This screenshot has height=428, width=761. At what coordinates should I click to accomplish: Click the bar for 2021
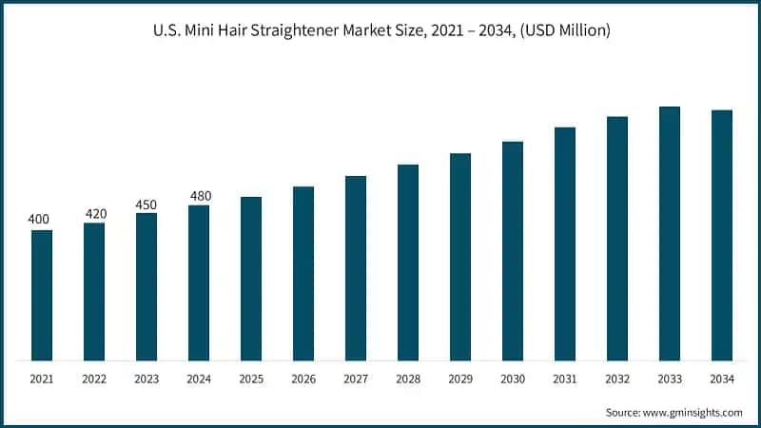coord(42,295)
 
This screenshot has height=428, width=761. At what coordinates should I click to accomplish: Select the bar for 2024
coord(199,282)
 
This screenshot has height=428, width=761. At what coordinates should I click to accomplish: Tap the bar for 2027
coord(356,268)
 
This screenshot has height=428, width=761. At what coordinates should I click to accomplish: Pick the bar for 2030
coord(513,251)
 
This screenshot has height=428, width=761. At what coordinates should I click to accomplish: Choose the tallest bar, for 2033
coord(670,233)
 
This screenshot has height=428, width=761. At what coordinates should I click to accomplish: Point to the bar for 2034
coord(722,235)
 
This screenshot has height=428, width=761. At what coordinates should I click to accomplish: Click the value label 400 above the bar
coord(39,220)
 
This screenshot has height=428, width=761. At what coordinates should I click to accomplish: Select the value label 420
coord(94,213)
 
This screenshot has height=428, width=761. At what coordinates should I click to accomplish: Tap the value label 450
coord(146,204)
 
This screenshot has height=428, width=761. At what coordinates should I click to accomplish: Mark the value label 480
coord(199,196)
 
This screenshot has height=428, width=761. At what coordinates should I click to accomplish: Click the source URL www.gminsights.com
coord(693,412)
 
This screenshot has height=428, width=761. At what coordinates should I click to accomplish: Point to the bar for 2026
coord(303,273)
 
